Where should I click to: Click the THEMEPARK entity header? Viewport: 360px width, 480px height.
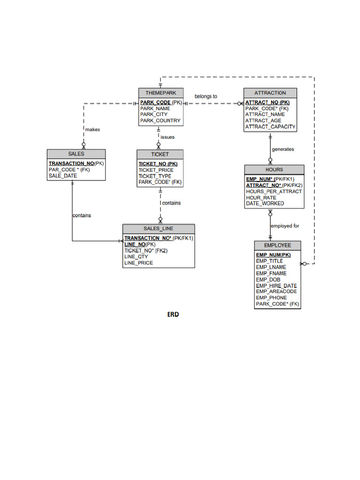tap(161, 93)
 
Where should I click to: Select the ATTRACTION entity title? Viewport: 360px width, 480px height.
tap(270, 93)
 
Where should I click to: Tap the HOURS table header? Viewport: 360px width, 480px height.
tap(274, 170)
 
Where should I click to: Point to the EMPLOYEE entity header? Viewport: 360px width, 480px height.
tap(277, 246)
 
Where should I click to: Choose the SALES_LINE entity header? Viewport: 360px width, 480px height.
tap(158, 229)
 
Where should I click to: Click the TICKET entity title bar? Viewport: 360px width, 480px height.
tap(160, 154)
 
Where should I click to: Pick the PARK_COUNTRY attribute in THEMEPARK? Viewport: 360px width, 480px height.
tap(160, 120)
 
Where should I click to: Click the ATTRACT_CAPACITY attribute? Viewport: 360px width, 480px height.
tap(270, 127)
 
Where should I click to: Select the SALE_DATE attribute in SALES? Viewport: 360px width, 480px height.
tap(63, 176)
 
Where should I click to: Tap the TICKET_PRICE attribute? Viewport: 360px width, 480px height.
tap(156, 170)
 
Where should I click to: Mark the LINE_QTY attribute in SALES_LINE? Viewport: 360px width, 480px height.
tap(136, 257)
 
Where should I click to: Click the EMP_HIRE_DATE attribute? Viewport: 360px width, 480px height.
tap(276, 285)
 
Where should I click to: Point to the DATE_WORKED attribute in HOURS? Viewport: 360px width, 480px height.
tap(265, 203)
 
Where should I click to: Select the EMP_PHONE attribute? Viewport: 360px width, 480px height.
tap(271, 298)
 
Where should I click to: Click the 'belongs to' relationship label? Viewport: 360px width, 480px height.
tap(206, 97)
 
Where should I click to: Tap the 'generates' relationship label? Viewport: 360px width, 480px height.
tap(283, 149)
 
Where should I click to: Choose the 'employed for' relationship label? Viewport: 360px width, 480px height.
tap(285, 226)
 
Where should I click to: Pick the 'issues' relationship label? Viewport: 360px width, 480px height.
tap(167, 137)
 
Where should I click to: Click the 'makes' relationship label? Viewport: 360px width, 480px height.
tap(92, 129)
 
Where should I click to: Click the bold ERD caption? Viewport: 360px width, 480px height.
tap(173, 315)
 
